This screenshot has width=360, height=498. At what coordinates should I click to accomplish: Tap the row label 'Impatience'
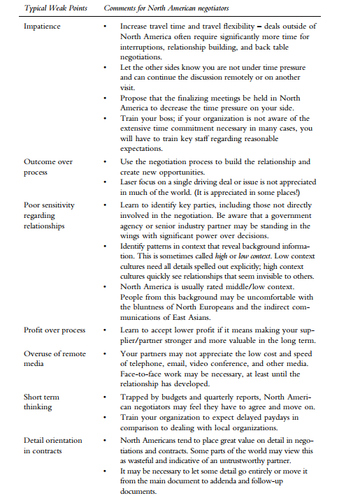pos(42,25)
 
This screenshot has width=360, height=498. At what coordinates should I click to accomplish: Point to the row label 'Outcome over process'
pos(48,166)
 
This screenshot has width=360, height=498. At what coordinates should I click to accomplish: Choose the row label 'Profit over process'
pos(54,330)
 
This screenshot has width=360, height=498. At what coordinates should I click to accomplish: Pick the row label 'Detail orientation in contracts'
pos(53,445)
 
